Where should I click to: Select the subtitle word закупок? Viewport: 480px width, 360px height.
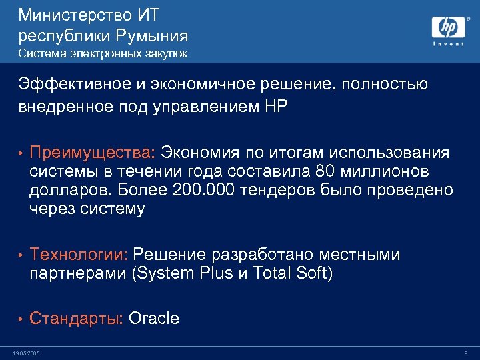[x=167, y=53]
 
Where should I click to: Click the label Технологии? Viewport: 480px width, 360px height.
[x=79, y=255]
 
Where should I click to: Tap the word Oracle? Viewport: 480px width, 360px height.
[x=154, y=318]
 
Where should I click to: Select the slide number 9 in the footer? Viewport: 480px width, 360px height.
[x=465, y=353]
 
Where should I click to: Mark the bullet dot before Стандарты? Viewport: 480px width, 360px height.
[x=21, y=319]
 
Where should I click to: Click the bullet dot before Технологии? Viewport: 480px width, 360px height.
[x=21, y=255]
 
